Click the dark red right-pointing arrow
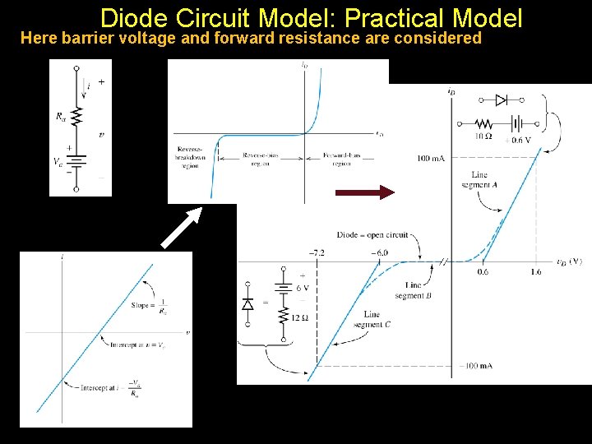tap(365, 192)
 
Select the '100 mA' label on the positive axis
tap(430, 159)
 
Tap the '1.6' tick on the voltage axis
tap(535, 272)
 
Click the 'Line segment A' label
tap(479, 179)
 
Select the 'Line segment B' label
tap(408, 290)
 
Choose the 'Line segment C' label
tap(372, 319)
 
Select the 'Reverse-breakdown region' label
tap(188, 156)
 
